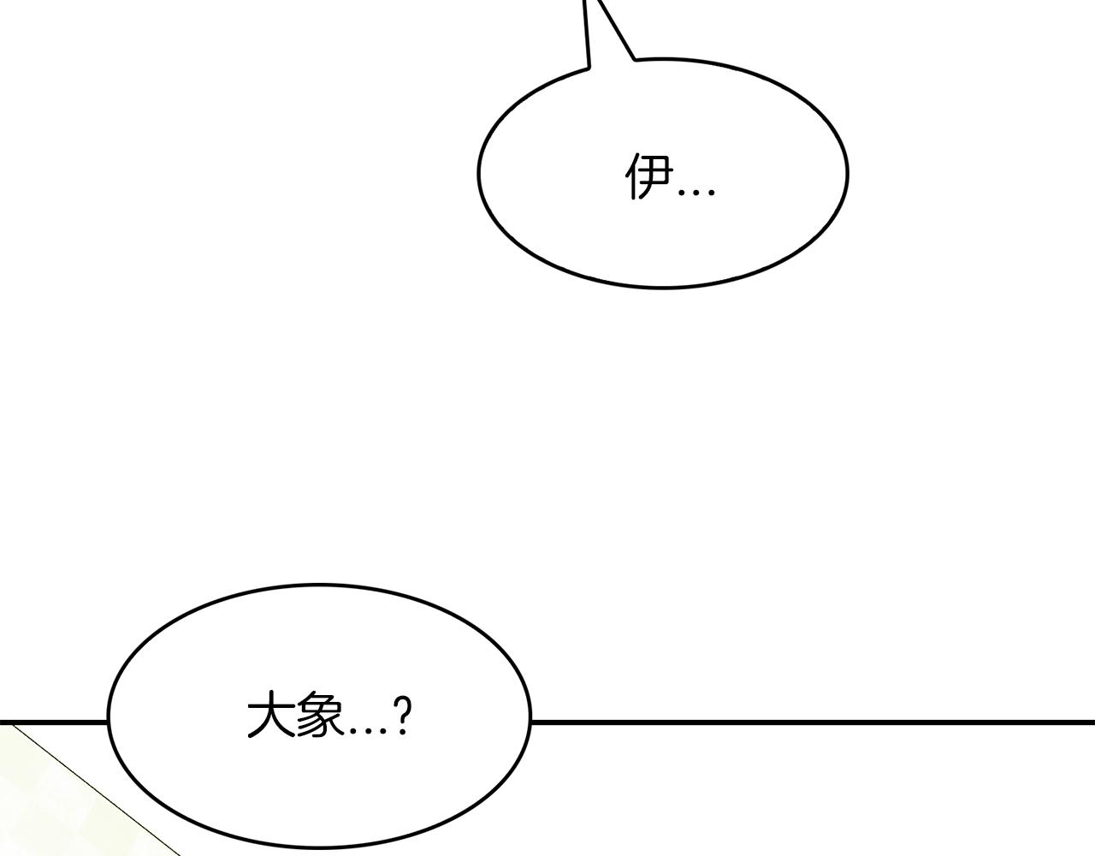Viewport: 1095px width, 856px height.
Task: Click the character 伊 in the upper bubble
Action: click(x=649, y=176)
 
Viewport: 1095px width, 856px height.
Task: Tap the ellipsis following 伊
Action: click(x=696, y=192)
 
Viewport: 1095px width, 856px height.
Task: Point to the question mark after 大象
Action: click(x=402, y=716)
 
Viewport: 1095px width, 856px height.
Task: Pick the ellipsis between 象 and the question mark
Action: click(x=369, y=730)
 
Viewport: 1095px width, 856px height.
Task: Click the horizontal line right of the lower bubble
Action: click(x=813, y=722)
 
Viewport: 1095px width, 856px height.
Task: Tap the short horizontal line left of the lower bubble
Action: click(x=54, y=722)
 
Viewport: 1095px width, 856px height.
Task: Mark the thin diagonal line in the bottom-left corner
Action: click(x=96, y=790)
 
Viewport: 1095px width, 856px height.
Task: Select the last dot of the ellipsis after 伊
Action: click(x=711, y=192)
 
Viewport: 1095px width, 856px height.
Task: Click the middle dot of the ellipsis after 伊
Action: click(x=696, y=192)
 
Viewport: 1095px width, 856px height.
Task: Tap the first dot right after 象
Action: click(x=354, y=730)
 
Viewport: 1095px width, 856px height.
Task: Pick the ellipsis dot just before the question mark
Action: click(x=383, y=730)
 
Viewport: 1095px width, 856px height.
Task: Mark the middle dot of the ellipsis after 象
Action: click(x=369, y=730)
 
